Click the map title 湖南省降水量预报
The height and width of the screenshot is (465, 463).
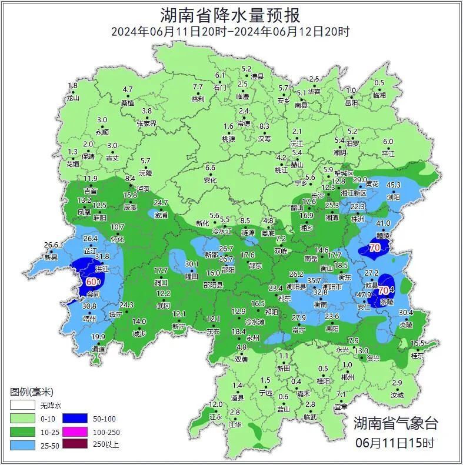[231, 14]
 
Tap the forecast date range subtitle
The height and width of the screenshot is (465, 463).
[231, 32]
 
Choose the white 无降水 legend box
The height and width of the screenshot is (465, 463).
[22, 406]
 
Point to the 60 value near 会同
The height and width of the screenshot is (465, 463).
[92, 282]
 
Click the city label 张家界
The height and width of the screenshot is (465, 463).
[146, 123]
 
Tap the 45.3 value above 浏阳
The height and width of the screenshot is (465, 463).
[392, 185]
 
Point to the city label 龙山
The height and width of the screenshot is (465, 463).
[72, 98]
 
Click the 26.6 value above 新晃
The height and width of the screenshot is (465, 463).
[52, 245]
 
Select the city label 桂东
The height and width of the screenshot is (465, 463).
[417, 356]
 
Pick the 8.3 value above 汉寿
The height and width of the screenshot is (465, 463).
[264, 126]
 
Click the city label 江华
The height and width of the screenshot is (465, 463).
[235, 424]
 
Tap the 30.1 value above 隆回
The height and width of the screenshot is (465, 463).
[192, 264]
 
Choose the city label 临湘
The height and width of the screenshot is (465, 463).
[379, 95]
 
